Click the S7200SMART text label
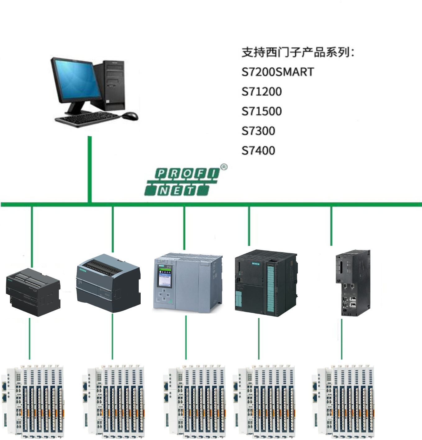(278, 72)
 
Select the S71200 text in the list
(261, 92)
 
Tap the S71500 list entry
(261, 111)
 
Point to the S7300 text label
(258, 131)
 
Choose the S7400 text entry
(258, 151)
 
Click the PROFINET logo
(182, 182)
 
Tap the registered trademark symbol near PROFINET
(224, 167)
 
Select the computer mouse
(130, 116)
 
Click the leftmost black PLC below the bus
(33, 292)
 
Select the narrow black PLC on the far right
(353, 283)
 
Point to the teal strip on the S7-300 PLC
(271, 289)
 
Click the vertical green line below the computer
(90, 169)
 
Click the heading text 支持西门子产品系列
(297, 52)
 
